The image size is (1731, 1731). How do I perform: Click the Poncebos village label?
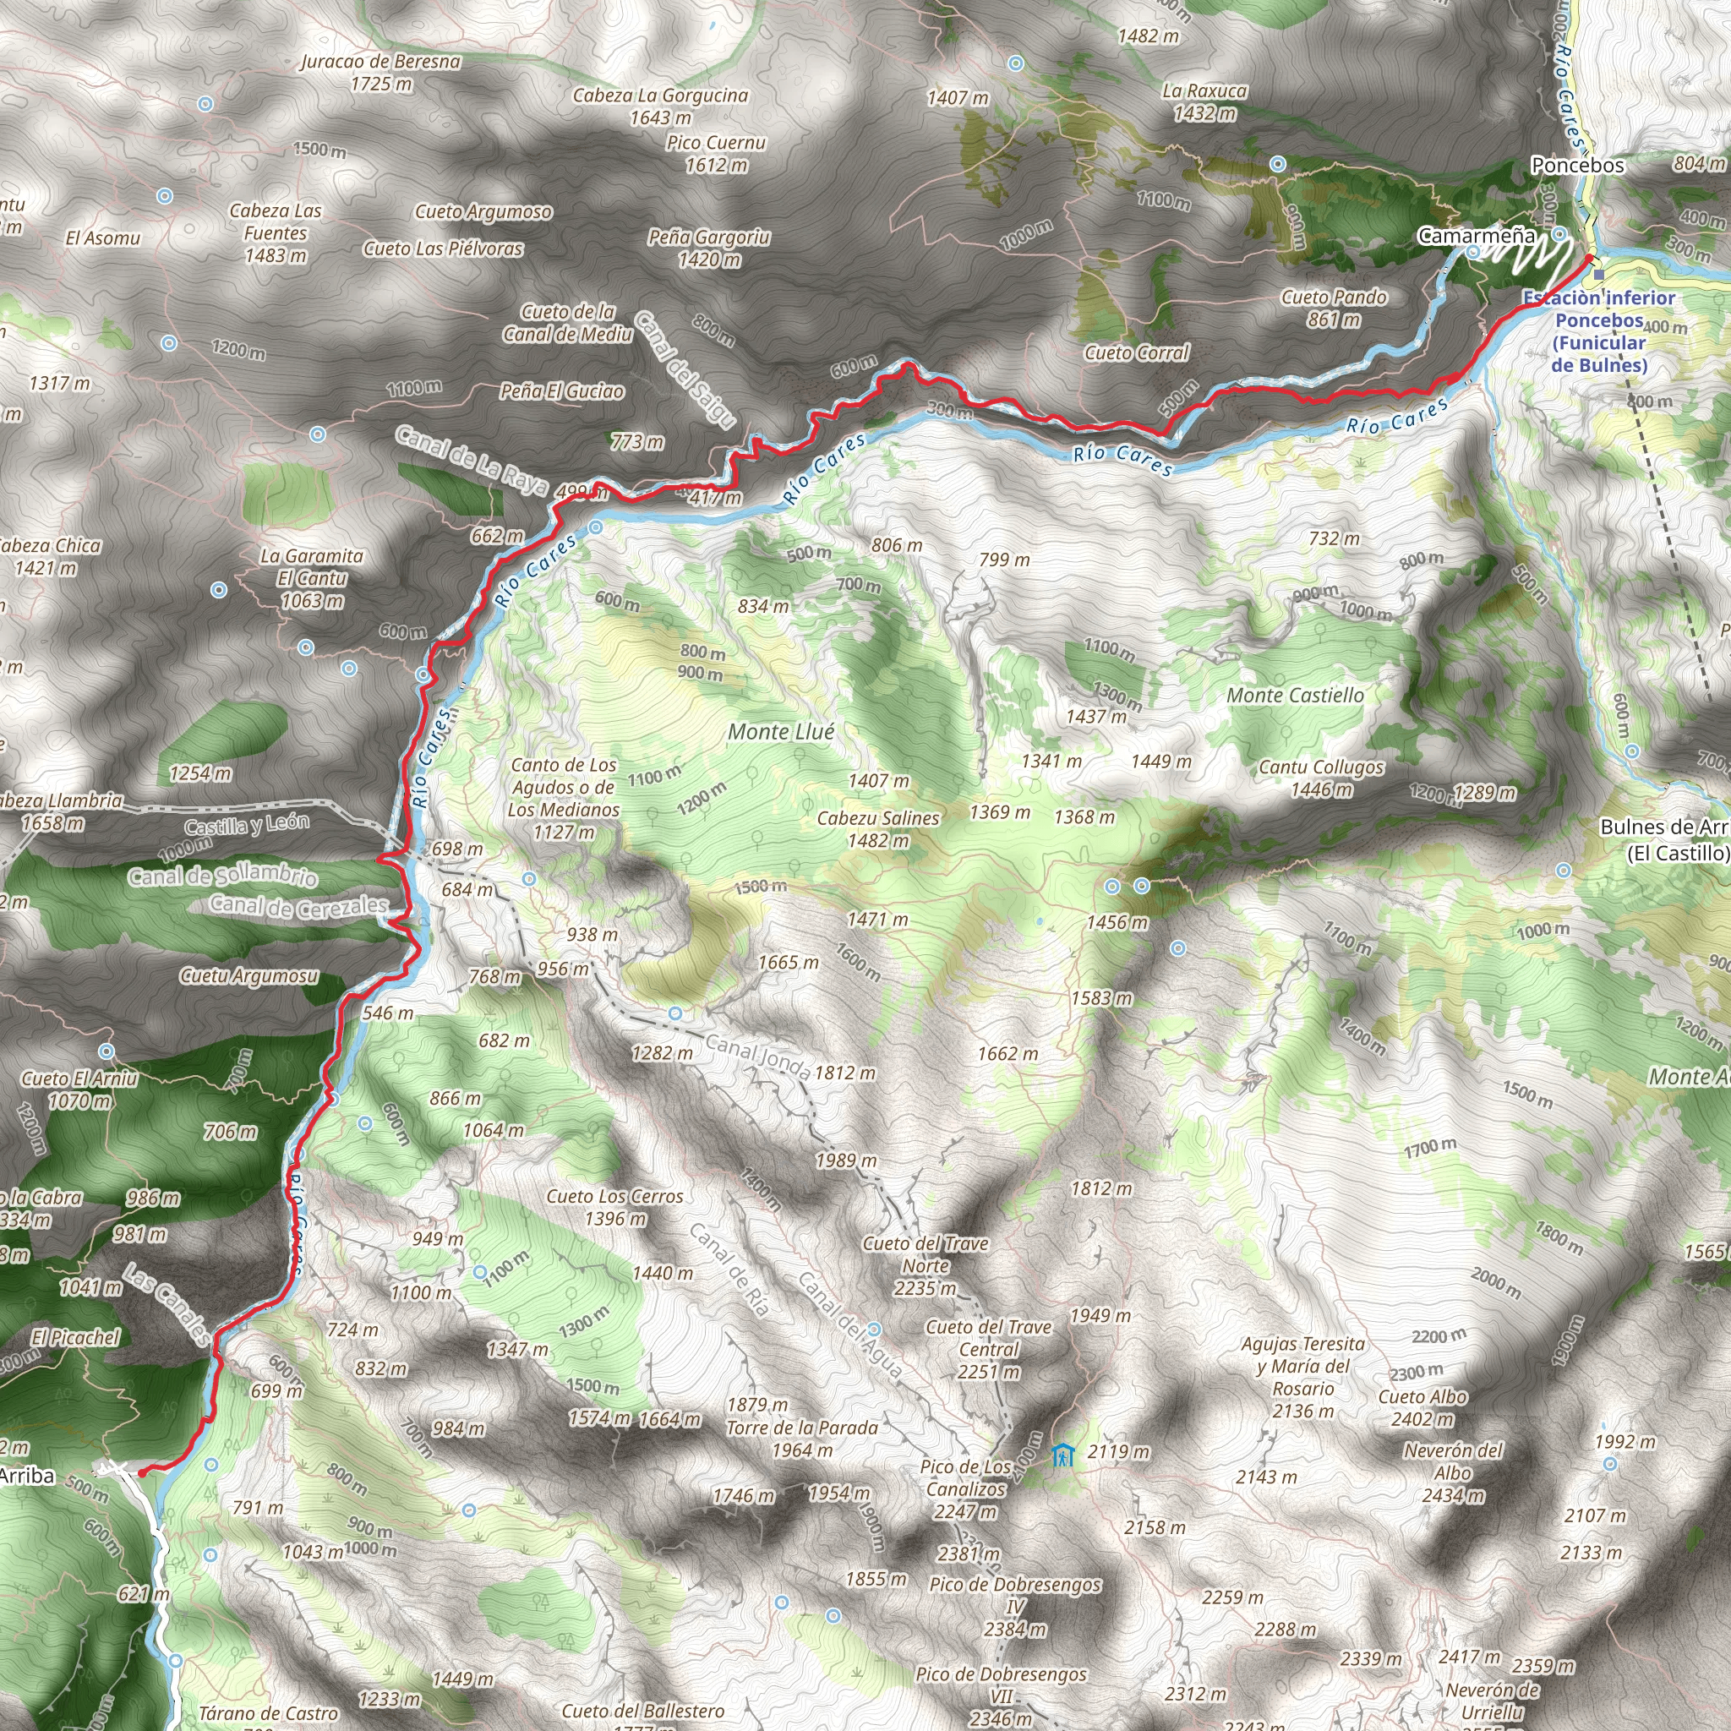[1577, 165]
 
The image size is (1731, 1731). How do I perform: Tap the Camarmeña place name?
[1476, 236]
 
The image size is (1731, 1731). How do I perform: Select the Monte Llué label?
[780, 732]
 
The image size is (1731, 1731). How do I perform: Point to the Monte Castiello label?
[1295, 696]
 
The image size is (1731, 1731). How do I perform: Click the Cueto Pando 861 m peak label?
[1333, 309]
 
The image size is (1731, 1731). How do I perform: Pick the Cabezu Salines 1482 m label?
[878, 830]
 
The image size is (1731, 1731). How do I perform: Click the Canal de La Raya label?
[472, 461]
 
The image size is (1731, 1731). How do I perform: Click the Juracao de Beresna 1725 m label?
[381, 73]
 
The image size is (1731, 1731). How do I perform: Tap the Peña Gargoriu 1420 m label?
[708, 248]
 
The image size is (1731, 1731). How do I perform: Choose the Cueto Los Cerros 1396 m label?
[614, 1207]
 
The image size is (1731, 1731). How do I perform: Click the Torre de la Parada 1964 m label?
[802, 1438]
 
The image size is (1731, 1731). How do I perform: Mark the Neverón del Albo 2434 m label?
[1452, 1472]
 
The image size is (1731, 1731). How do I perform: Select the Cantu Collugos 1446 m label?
[1321, 778]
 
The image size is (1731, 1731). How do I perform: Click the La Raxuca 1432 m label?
[1204, 102]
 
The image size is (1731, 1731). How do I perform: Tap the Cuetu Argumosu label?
[249, 975]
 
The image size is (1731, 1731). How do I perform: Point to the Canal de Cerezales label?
[298, 906]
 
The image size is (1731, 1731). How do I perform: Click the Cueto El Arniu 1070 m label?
[79, 1089]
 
